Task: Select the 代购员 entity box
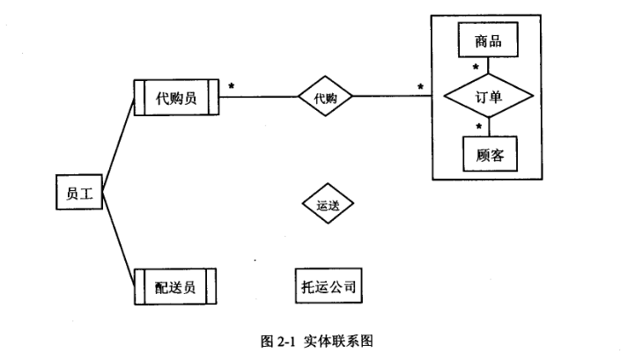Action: [x=175, y=98]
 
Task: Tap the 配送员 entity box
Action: [x=174, y=287]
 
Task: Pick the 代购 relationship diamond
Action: [x=325, y=98]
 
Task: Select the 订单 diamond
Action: [x=489, y=98]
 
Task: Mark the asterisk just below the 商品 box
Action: [x=477, y=68]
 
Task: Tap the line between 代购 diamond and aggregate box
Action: [x=392, y=98]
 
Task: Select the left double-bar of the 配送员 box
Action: [x=138, y=287]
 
